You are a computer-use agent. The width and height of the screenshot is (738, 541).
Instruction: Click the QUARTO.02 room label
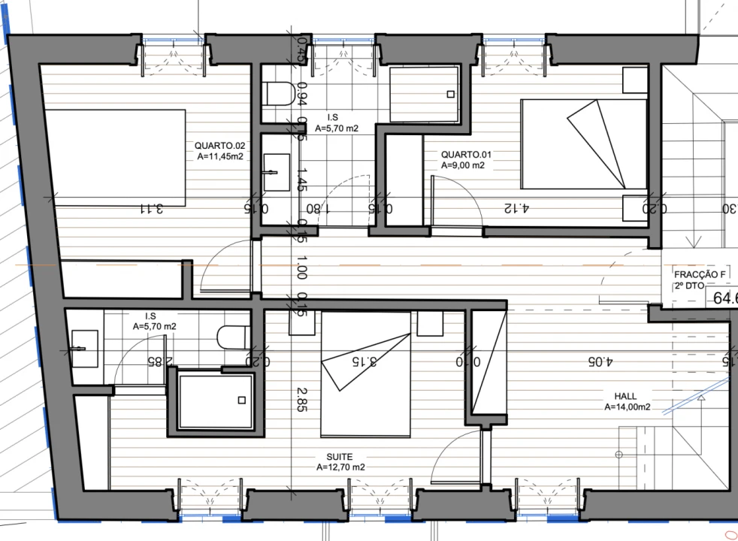click(x=220, y=146)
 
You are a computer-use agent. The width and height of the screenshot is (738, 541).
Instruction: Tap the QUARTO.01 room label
click(x=466, y=155)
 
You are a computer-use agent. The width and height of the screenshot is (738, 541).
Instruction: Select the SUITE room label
click(x=340, y=456)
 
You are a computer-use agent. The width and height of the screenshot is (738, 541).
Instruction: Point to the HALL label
click(x=625, y=396)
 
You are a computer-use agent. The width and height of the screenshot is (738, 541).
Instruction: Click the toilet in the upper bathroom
click(x=279, y=94)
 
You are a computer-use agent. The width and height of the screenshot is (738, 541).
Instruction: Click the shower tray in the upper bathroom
click(x=425, y=94)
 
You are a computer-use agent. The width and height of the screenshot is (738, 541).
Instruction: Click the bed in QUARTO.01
click(x=584, y=144)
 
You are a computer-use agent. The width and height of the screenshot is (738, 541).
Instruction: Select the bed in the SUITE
click(x=366, y=374)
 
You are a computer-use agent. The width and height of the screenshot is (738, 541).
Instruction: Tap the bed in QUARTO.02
click(x=113, y=156)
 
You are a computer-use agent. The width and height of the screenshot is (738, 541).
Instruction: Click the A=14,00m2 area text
click(x=627, y=407)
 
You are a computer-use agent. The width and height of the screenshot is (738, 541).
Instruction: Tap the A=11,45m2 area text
click(x=220, y=157)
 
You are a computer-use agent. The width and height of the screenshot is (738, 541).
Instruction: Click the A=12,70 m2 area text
click(x=340, y=467)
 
